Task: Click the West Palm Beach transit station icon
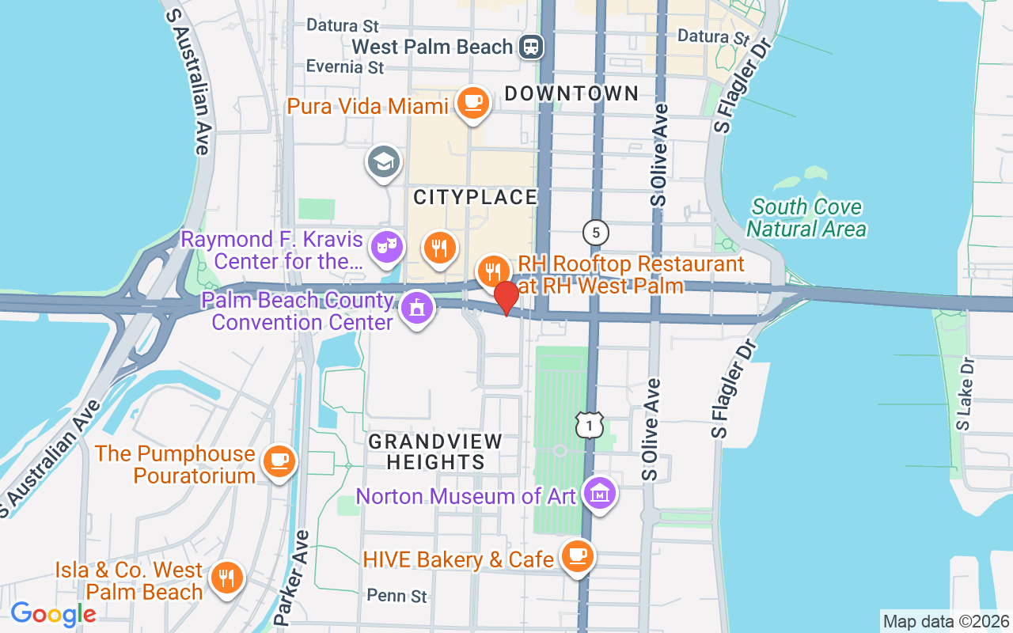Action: [531, 47]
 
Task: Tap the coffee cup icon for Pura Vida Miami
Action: [473, 102]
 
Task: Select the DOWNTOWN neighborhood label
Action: [571, 93]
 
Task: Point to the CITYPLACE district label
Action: [476, 196]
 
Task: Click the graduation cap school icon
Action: [383, 161]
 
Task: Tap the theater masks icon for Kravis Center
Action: [387, 245]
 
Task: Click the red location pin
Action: [506, 297]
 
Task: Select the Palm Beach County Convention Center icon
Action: [416, 307]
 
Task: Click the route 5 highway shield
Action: [596, 232]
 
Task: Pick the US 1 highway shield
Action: [590, 426]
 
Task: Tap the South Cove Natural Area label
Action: [806, 218]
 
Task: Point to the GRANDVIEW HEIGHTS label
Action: [435, 451]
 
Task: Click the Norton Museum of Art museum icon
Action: [599, 494]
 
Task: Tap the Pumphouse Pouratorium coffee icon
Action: [279, 461]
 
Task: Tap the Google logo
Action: [53, 614]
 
